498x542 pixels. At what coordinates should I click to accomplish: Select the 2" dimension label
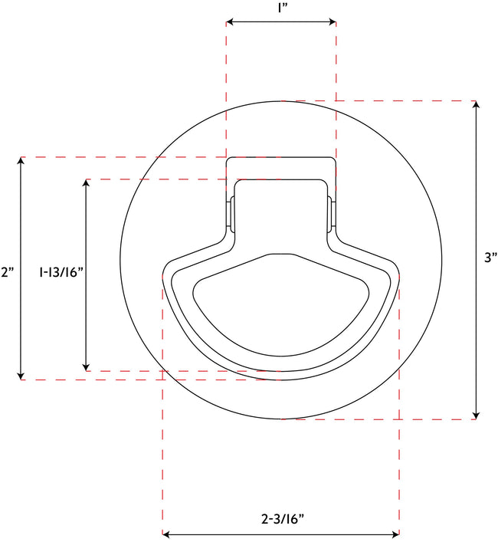pyautogui.click(x=8, y=271)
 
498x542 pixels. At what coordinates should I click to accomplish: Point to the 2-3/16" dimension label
pyautogui.click(x=283, y=519)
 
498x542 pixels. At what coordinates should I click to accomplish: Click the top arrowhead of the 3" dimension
pyautogui.click(x=477, y=106)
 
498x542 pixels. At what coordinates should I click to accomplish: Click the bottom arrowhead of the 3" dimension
pyautogui.click(x=477, y=414)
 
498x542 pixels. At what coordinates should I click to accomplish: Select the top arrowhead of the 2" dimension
pyautogui.click(x=21, y=162)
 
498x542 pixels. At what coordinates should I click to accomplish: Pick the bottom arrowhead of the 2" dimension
pyautogui.click(x=21, y=374)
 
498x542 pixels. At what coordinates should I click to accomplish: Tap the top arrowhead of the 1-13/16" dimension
pyautogui.click(x=87, y=184)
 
